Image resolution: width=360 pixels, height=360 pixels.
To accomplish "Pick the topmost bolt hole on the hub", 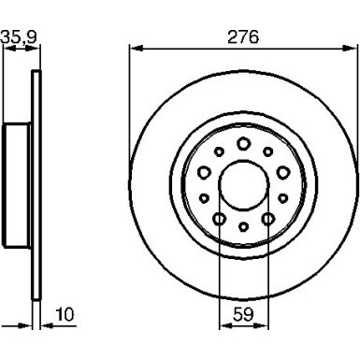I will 242,143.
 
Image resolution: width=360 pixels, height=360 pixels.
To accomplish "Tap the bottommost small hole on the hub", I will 242,227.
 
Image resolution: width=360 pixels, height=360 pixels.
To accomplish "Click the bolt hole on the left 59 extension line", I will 218,218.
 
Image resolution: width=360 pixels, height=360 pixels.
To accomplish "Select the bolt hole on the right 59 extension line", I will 267,218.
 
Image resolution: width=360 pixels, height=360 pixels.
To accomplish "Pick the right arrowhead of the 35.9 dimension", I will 36,50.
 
